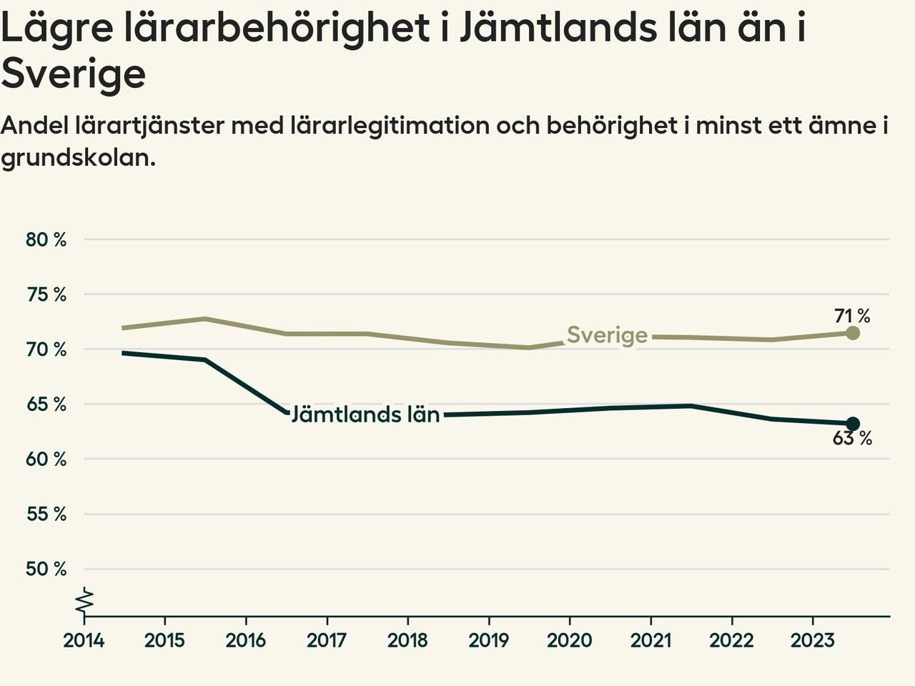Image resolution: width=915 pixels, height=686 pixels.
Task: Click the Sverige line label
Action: (x=607, y=335)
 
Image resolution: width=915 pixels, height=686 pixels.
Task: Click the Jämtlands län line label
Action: (x=365, y=414)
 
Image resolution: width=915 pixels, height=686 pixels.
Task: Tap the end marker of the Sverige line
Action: (x=852, y=333)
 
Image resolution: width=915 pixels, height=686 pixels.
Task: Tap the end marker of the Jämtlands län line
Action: (x=852, y=424)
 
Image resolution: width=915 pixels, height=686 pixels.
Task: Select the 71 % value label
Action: (x=852, y=315)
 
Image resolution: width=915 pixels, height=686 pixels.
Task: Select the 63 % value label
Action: (x=852, y=439)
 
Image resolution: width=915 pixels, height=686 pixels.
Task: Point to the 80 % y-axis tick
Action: (x=46, y=239)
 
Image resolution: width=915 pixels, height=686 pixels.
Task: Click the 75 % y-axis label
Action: (x=46, y=294)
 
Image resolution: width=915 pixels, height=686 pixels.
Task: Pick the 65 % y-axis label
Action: (x=46, y=404)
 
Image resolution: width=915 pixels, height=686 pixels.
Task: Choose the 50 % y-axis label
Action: (x=46, y=570)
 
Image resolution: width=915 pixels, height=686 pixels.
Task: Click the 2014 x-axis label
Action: (x=84, y=640)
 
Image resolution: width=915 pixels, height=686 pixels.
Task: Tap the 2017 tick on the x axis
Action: (x=327, y=640)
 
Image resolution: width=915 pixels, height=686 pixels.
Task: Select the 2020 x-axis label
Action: (x=570, y=640)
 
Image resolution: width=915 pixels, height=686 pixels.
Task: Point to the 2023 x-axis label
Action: (x=812, y=640)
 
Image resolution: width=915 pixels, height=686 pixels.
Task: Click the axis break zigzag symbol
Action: (x=85, y=602)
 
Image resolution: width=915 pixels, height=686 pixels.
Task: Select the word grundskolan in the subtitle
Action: (x=78, y=158)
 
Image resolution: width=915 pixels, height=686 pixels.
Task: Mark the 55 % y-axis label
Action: (x=46, y=514)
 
